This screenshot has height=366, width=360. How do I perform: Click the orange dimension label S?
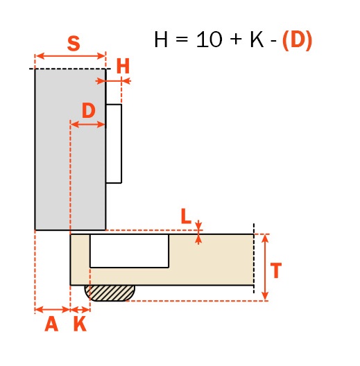pyautogui.click(x=74, y=44)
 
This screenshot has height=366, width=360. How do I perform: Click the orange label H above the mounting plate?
pyautogui.click(x=123, y=66)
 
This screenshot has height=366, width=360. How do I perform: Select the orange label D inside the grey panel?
pyautogui.click(x=89, y=111)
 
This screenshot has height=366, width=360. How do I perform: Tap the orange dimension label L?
pyautogui.click(x=186, y=216)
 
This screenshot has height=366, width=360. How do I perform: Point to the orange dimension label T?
pyautogui.click(x=276, y=270)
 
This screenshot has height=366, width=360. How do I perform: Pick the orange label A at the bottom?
pyautogui.click(x=51, y=324)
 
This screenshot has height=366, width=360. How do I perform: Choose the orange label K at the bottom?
pyautogui.click(x=80, y=324)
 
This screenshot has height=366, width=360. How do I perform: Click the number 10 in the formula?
pyautogui.click(x=209, y=40)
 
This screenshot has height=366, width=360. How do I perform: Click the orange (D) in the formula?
pyautogui.click(x=297, y=40)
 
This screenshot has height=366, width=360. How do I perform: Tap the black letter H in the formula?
pyautogui.click(x=161, y=40)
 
